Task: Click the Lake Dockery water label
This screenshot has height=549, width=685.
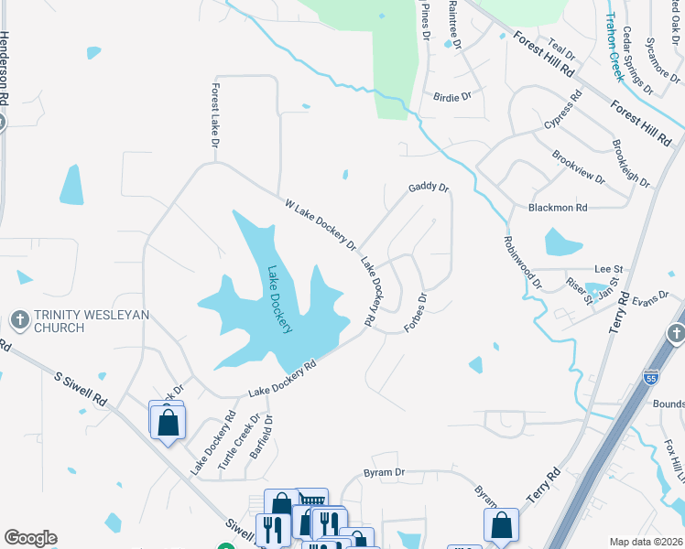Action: (x=279, y=299)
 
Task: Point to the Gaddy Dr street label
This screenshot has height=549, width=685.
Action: (x=429, y=188)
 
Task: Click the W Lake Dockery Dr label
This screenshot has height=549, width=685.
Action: (x=320, y=224)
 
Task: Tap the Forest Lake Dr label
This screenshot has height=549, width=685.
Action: (x=215, y=116)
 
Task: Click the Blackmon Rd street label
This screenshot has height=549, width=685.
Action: (x=558, y=209)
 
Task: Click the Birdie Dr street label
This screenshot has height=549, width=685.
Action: (x=451, y=95)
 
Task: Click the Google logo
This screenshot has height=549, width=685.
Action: (x=30, y=538)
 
